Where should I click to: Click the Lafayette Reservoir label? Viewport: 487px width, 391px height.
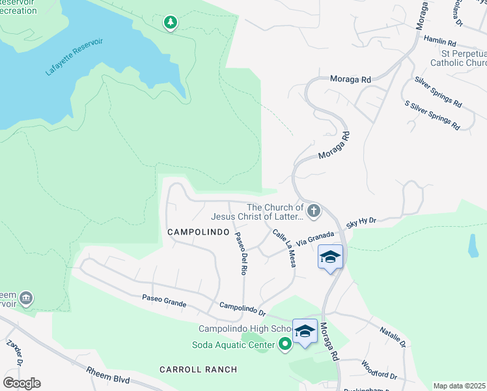click(x=75, y=57)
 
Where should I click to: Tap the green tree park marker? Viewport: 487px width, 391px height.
click(x=171, y=23)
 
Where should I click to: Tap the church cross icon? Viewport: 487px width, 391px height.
click(x=314, y=211)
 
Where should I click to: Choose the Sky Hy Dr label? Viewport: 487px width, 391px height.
click(x=361, y=223)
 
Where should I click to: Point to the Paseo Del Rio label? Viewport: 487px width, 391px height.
click(x=240, y=253)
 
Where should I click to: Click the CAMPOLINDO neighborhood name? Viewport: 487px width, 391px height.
click(x=198, y=232)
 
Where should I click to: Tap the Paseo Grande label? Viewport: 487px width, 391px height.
click(x=164, y=300)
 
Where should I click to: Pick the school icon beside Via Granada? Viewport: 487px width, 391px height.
click(x=331, y=257)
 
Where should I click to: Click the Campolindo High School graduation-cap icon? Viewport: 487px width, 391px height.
click(x=305, y=331)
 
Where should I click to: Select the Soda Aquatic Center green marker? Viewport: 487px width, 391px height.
click(x=285, y=344)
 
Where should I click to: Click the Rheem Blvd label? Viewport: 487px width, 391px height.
click(x=108, y=375)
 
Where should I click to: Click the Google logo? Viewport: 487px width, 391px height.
click(x=21, y=383)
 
